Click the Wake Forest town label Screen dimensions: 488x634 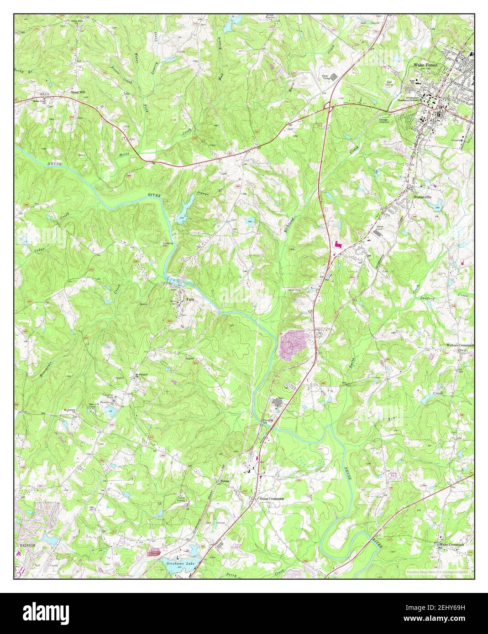425,65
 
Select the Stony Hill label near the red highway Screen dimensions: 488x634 78,92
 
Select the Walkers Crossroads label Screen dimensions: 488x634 460,345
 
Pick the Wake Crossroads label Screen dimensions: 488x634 451,545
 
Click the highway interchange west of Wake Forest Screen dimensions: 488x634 327,107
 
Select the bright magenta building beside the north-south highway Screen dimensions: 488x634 338,244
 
